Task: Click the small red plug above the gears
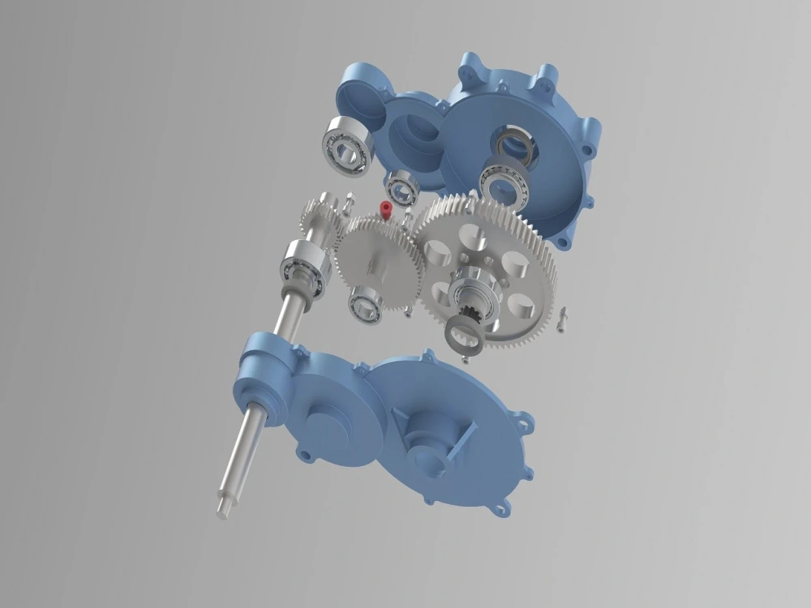pyautogui.click(x=386, y=210)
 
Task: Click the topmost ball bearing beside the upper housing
pyautogui.click(x=347, y=145)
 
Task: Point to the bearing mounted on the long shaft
pyautogui.click(x=303, y=267)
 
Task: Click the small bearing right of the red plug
pyautogui.click(x=401, y=189)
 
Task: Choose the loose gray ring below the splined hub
pyautogui.click(x=466, y=331)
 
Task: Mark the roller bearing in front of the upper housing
pyautogui.click(x=505, y=183)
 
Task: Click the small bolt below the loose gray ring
pyautogui.click(x=470, y=356)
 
